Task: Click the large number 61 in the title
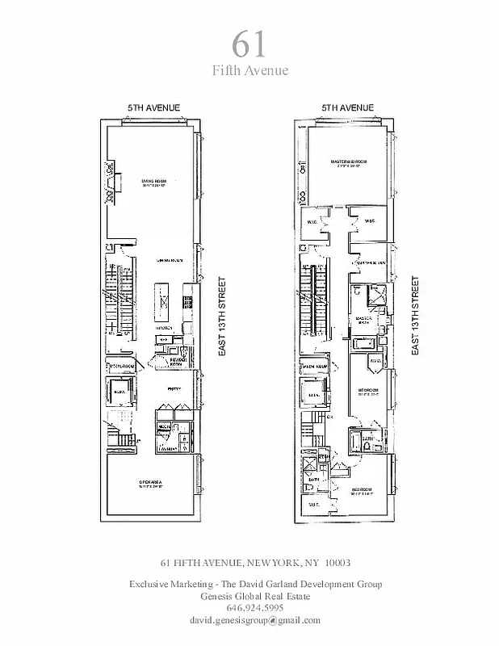pos(249,42)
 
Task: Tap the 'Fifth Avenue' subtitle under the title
pos(249,71)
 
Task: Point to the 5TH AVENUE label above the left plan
pos(153,107)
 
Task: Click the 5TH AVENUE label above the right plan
pos(346,107)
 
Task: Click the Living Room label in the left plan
pos(153,182)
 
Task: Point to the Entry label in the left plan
pos(173,389)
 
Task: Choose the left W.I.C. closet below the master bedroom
pos(311,220)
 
